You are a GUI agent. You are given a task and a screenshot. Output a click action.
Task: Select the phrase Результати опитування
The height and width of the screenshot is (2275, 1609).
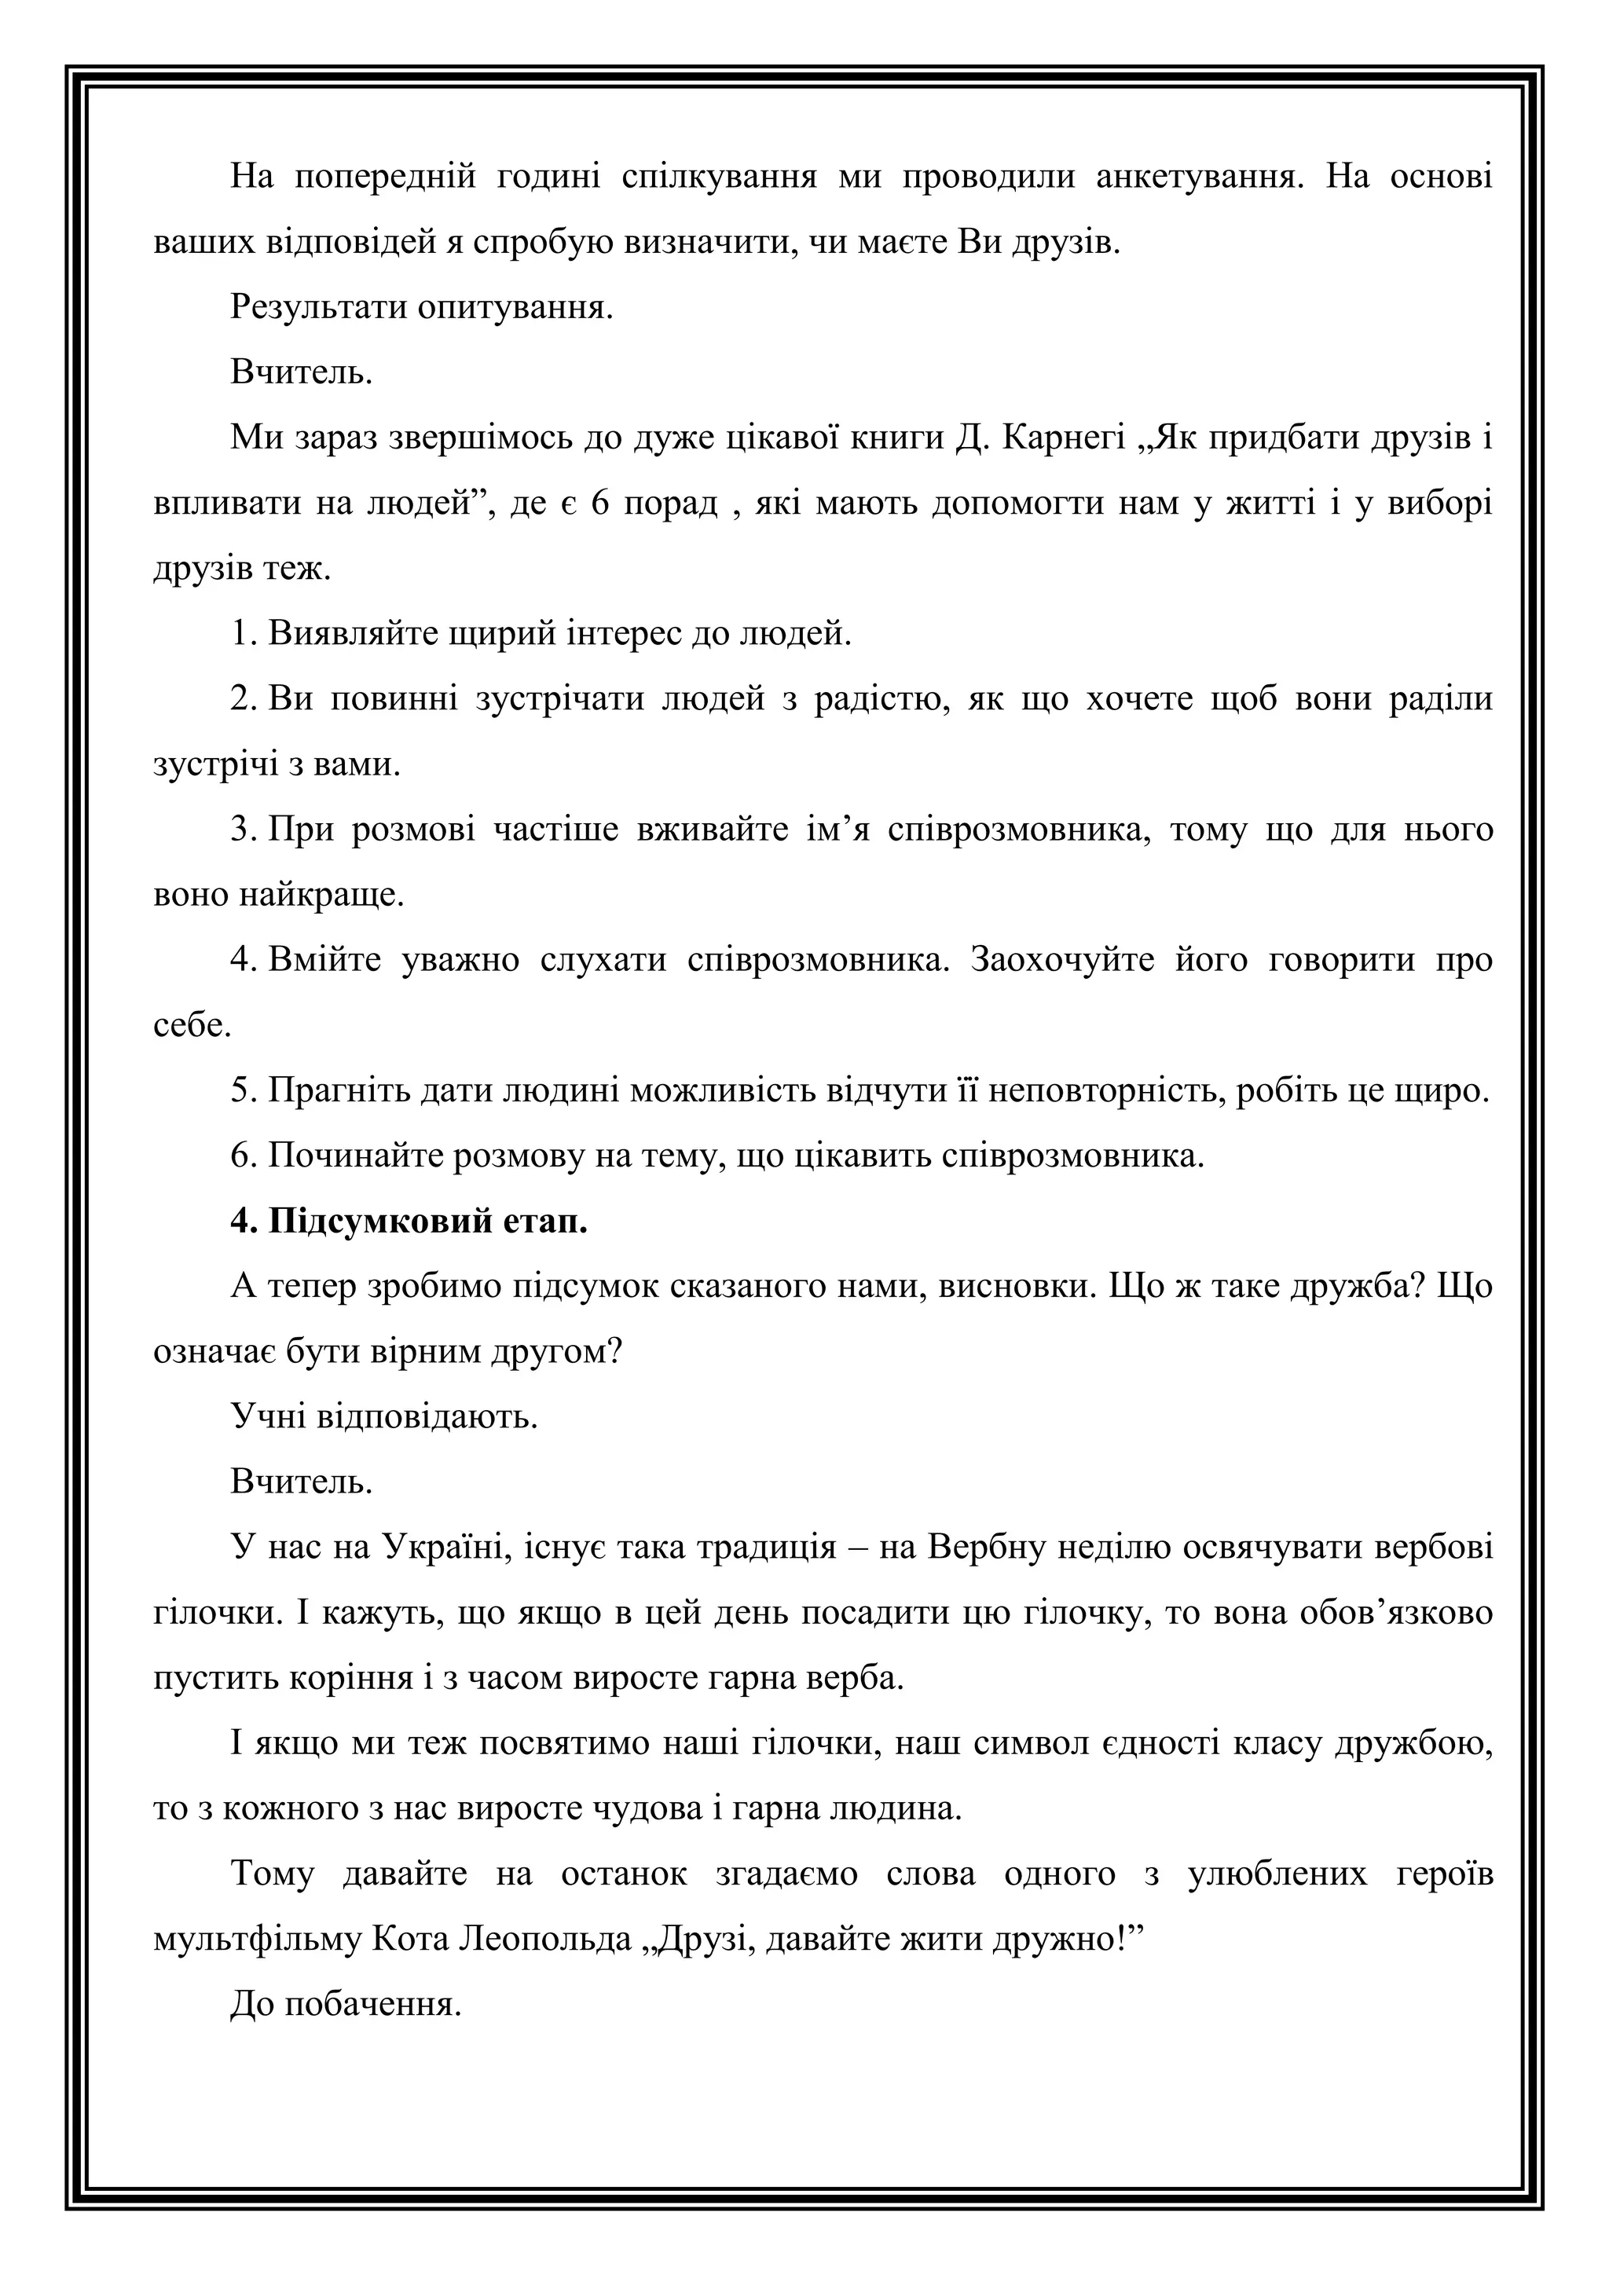[x=422, y=307]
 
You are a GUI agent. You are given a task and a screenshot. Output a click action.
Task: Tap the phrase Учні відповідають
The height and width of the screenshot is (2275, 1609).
[x=384, y=1417]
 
